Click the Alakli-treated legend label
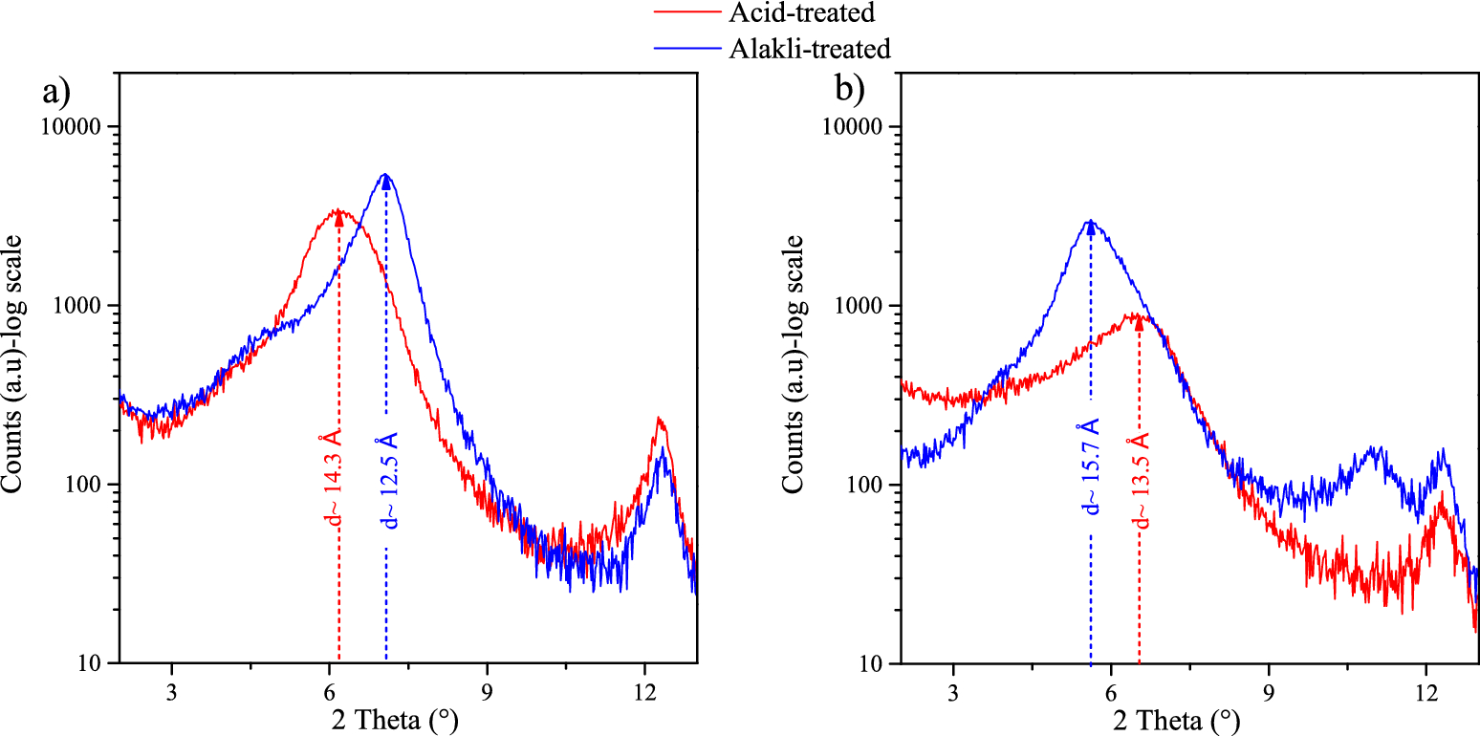coord(810,48)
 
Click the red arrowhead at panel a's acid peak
coord(339,220)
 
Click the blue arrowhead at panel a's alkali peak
coord(386,183)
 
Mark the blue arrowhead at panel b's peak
coord(1091,227)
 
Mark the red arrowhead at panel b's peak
coord(1139,322)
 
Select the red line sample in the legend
coord(687,13)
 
